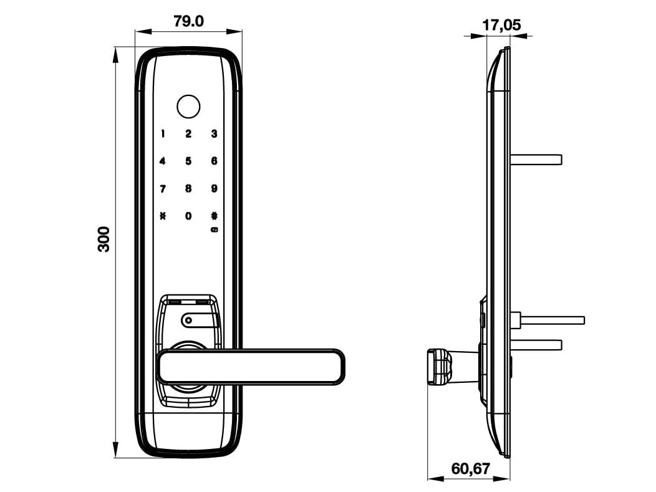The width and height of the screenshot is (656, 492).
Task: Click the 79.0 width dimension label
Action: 188,21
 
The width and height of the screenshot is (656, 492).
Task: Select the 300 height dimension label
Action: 104,239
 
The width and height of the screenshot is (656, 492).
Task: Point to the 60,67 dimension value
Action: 471,468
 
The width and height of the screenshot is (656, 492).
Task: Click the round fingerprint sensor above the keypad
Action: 188,106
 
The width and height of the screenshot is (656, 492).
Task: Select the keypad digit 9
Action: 214,188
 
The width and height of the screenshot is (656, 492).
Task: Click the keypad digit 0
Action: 188,216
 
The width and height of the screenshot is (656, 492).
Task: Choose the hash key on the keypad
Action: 214,216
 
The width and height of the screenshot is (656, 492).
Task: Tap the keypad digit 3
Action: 214,133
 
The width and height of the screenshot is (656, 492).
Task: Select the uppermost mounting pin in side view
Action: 536,159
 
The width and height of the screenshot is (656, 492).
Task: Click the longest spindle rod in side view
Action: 552,320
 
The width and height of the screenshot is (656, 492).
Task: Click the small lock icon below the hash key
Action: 214,229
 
